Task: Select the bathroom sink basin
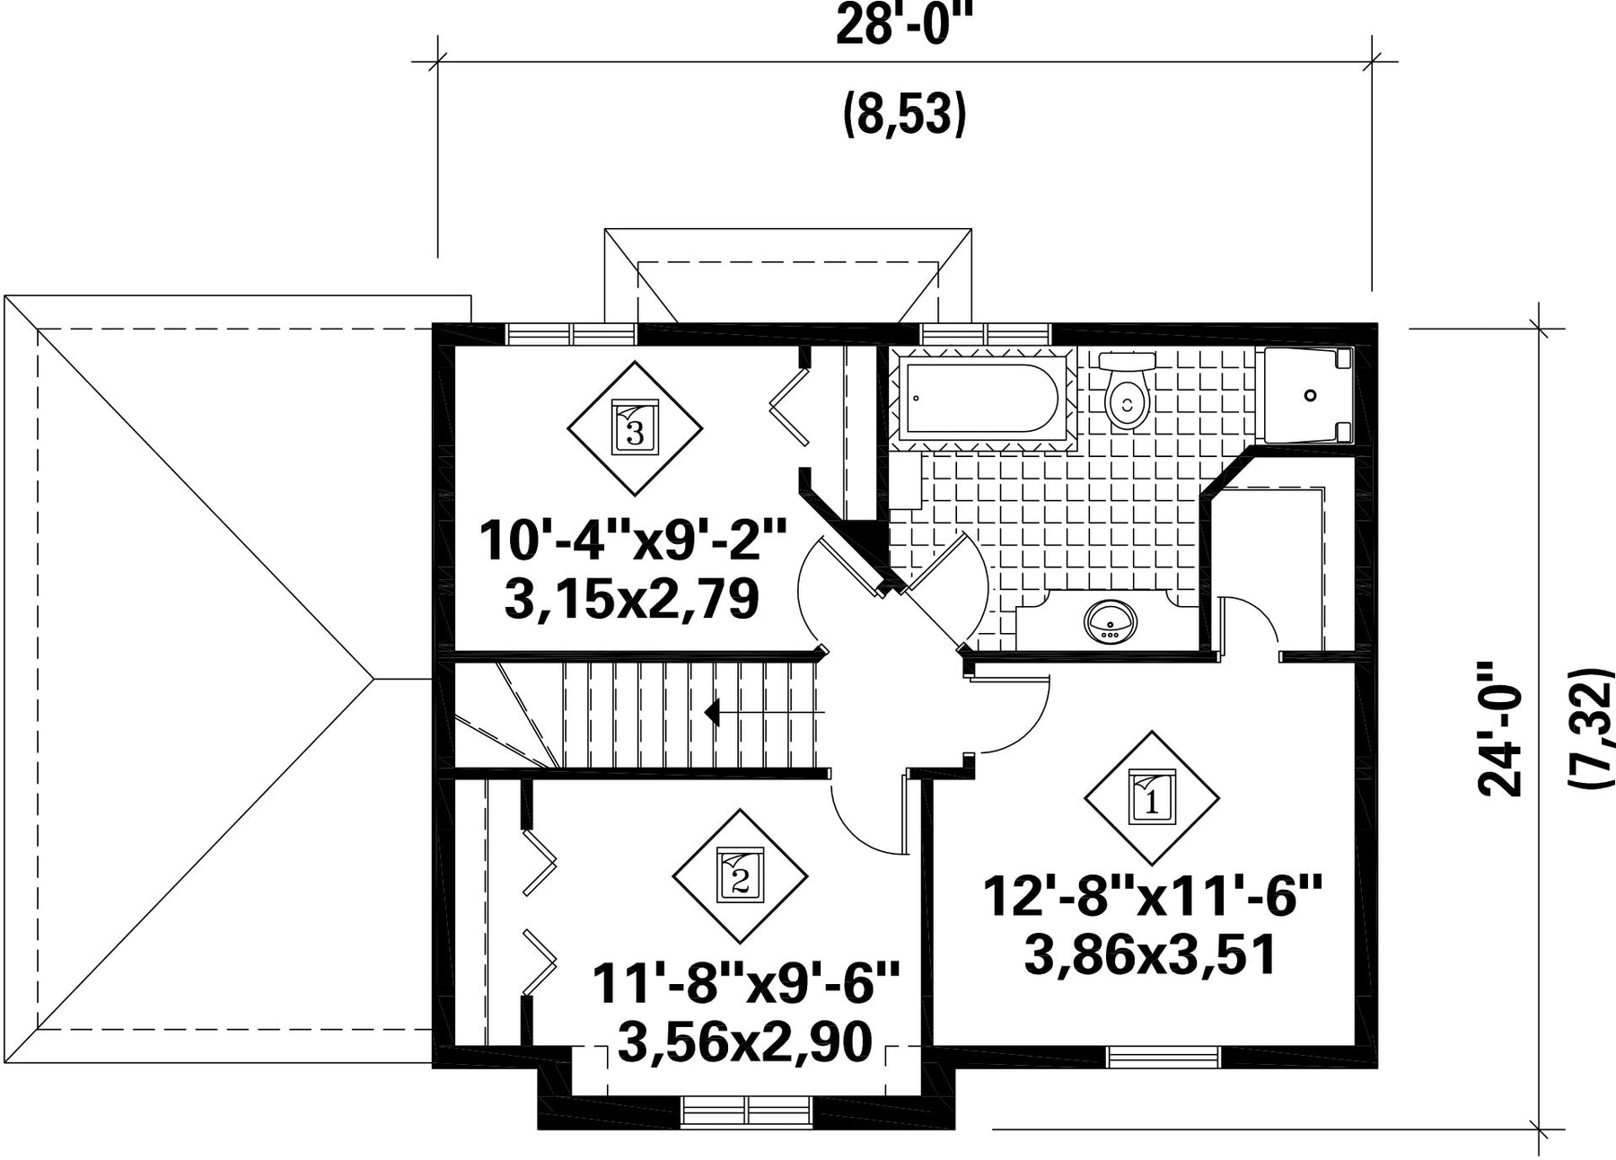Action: tap(1111, 620)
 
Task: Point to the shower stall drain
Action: tap(1310, 395)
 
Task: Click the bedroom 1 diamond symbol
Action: tap(1152, 796)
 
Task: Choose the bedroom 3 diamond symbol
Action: tap(635, 428)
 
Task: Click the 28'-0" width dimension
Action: tap(904, 25)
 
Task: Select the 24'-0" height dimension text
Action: tap(1501, 728)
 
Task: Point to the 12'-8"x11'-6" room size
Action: tap(1153, 896)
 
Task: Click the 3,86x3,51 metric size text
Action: tap(1150, 955)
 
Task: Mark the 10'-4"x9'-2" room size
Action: tap(633, 540)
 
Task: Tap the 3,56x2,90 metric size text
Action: tap(745, 1042)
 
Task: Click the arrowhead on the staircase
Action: tap(713, 713)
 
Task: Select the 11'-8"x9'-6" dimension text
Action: tap(746, 984)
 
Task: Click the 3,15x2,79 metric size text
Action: tap(632, 600)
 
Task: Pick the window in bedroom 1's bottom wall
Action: tap(1164, 1058)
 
